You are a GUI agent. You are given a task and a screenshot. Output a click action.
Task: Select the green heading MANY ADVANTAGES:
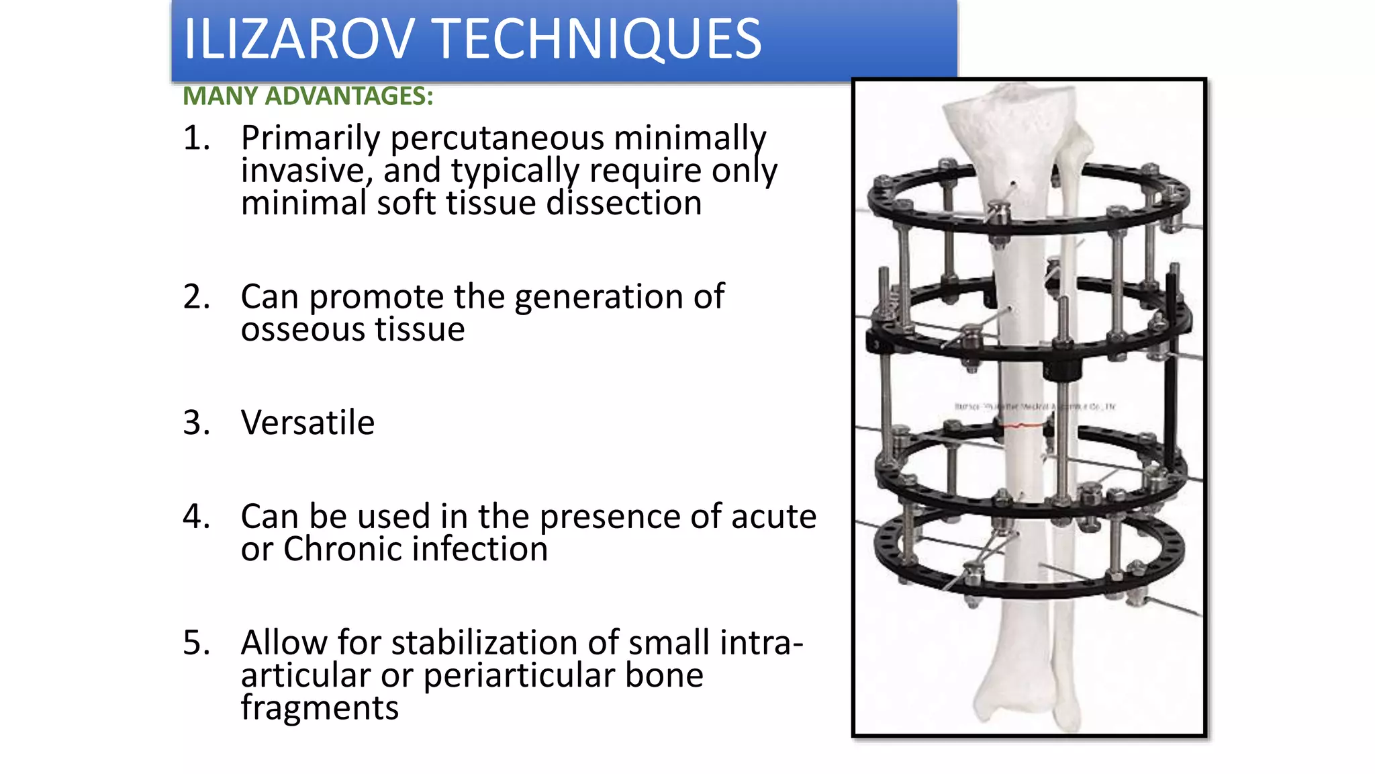308,96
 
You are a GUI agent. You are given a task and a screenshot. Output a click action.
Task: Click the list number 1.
196,138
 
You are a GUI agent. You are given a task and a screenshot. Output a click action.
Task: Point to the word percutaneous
497,138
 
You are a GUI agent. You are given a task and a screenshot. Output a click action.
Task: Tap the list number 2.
196,296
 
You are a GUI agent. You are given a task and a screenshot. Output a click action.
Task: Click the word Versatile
307,423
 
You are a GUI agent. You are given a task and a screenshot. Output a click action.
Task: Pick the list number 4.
196,516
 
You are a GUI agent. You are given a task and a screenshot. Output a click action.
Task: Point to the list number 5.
196,642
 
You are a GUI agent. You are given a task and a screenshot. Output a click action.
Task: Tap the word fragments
320,707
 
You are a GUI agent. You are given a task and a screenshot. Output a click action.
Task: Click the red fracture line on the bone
1021,425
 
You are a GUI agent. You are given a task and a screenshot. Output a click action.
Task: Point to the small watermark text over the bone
1035,406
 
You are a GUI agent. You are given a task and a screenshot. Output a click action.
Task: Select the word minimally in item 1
690,138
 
